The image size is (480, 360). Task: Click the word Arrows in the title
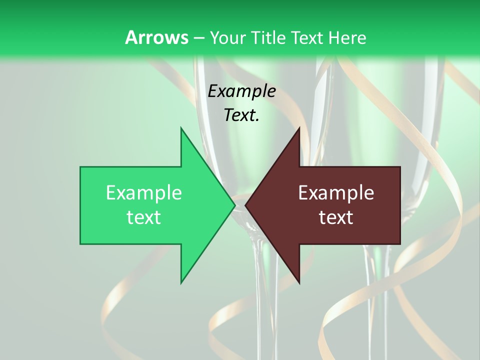[x=156, y=37]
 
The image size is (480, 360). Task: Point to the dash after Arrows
[x=199, y=38]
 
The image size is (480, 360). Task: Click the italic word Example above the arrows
[x=242, y=91]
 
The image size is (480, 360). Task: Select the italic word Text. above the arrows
[x=242, y=115]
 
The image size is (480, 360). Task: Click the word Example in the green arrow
[x=144, y=192]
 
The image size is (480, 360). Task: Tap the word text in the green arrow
[x=144, y=217]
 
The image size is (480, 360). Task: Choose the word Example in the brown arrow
[x=336, y=192]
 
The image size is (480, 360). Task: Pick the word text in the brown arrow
[x=336, y=217]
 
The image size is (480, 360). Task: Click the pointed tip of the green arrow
[x=234, y=205]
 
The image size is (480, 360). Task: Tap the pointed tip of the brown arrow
[x=246, y=205]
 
